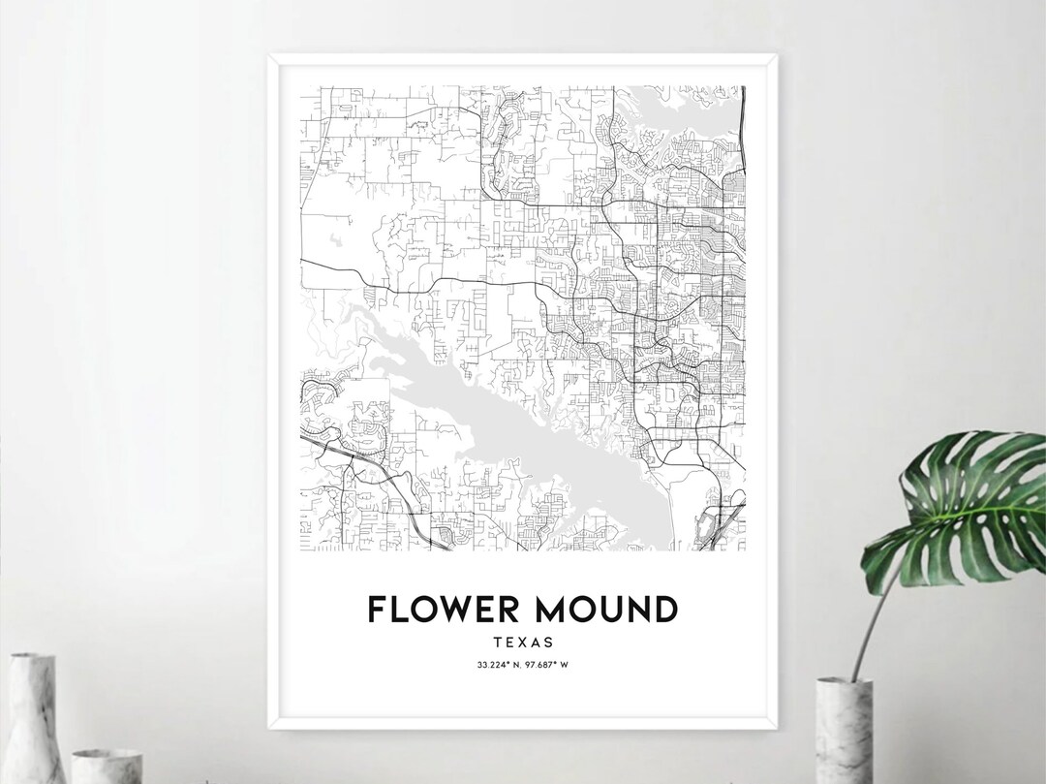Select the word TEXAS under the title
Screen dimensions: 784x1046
tap(522, 642)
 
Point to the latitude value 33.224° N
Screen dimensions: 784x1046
tap(497, 664)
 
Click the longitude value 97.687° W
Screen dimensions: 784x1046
tap(548, 664)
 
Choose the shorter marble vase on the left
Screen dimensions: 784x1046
tap(107, 766)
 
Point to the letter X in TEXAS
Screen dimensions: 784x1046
tap(523, 642)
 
